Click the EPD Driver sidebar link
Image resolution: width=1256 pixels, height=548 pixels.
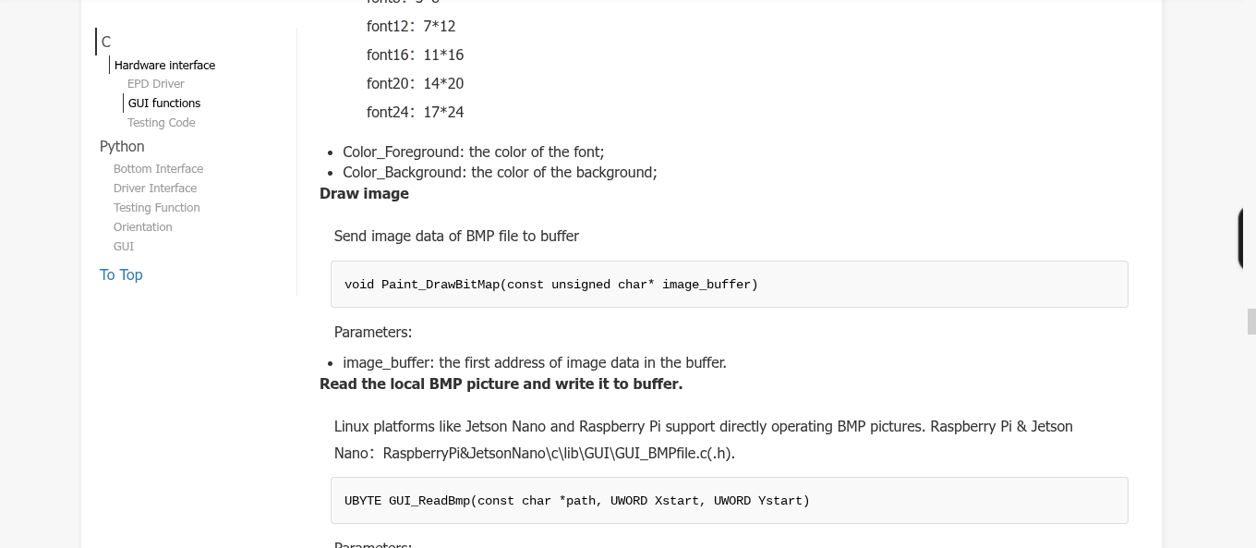coord(156,84)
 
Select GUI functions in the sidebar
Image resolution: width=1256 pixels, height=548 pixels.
coord(164,104)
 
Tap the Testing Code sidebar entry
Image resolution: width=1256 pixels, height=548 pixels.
coord(162,123)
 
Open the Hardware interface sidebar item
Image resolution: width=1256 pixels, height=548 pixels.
coord(164,66)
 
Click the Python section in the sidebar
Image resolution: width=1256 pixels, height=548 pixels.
coord(122,146)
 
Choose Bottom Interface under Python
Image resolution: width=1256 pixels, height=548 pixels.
coord(158,169)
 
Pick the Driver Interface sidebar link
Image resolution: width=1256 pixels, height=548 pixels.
coord(155,189)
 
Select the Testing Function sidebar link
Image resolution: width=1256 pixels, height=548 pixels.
coord(157,208)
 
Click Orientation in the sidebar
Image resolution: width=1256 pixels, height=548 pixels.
coord(143,227)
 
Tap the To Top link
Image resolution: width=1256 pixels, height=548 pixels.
coord(121,274)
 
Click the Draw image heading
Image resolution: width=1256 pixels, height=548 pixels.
coord(364,193)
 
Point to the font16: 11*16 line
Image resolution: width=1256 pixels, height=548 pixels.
coord(415,55)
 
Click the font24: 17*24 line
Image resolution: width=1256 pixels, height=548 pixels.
coord(415,113)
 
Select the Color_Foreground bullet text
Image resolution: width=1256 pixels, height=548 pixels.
coord(473,152)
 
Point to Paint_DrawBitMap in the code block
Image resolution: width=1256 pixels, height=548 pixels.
coord(441,285)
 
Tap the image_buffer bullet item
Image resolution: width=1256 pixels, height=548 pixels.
coord(534,362)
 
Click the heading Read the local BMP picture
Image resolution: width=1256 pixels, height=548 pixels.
coord(501,384)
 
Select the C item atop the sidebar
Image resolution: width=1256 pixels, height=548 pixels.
coord(106,42)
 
